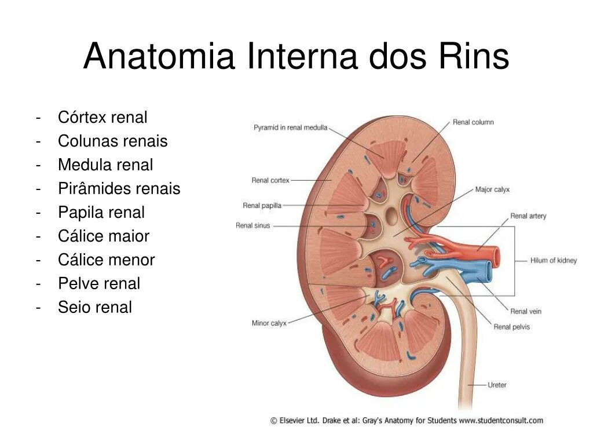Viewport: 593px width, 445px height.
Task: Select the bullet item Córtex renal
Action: [103, 117]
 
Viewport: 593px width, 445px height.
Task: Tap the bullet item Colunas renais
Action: [112, 141]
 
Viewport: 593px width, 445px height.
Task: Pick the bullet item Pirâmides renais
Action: [119, 188]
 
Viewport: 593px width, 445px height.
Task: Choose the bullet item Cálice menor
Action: [106, 260]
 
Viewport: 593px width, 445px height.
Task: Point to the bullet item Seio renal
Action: [94, 307]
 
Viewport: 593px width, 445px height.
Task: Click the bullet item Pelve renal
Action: [99, 283]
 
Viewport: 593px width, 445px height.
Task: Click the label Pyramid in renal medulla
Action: [290, 127]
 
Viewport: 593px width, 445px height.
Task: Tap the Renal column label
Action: [473, 122]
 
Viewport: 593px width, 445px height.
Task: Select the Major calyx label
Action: [492, 189]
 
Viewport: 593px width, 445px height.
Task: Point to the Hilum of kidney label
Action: [553, 261]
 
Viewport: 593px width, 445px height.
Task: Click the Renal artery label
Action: [528, 216]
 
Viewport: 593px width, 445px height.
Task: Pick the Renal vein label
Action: [525, 311]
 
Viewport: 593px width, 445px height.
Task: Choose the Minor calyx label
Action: [269, 323]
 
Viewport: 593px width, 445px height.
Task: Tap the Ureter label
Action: [497, 385]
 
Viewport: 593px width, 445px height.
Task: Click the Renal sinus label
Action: [252, 225]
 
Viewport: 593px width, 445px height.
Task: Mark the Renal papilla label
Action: [262, 205]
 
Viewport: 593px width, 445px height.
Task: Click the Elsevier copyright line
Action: [407, 421]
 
